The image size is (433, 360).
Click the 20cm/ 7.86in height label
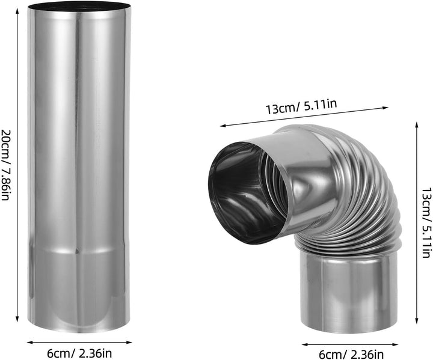(x=5, y=165)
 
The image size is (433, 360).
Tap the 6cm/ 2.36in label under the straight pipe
(x=79, y=353)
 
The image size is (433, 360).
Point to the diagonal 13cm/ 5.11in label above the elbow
(x=301, y=106)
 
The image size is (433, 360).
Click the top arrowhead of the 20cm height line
(x=17, y=10)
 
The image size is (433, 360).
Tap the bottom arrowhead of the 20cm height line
(x=17, y=320)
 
